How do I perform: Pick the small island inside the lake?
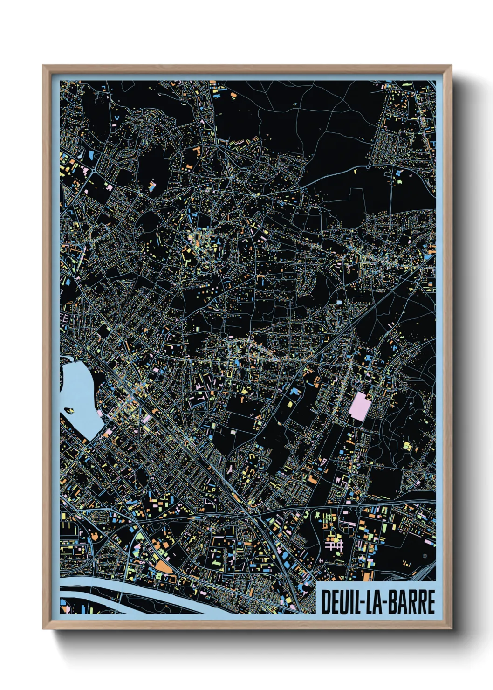69,411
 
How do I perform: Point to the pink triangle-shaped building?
323,462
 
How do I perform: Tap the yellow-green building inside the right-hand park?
407,446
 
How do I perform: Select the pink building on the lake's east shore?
99,413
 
